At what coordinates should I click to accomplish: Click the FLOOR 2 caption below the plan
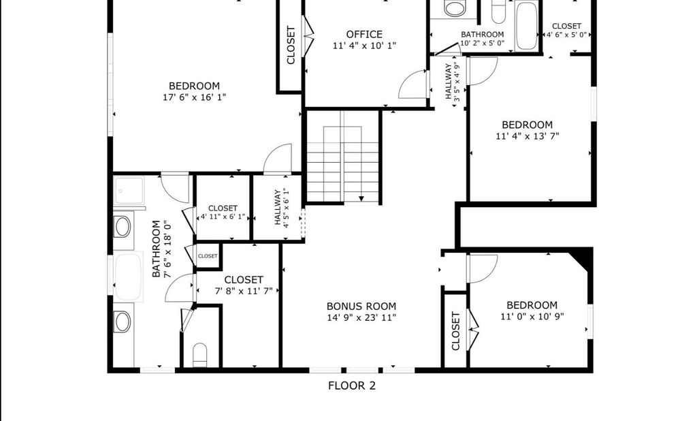point(352,386)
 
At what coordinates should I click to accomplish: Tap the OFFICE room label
point(364,34)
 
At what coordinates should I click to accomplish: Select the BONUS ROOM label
point(361,306)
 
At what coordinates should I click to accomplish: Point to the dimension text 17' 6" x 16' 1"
point(195,97)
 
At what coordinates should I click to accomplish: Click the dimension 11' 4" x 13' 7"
point(528,136)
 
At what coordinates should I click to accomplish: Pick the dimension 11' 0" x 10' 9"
point(532,317)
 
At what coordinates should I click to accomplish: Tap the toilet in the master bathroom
point(200,354)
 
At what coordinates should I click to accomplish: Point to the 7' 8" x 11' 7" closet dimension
point(244,291)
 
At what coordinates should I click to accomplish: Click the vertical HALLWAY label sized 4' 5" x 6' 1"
point(282,207)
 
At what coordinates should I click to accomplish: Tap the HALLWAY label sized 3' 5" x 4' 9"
point(452,82)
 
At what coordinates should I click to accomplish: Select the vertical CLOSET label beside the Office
point(291,46)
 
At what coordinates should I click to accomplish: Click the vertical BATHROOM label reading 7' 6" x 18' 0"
point(161,249)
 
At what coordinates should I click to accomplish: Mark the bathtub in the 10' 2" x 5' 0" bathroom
point(527,26)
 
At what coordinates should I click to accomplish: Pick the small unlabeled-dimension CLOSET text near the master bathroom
point(208,256)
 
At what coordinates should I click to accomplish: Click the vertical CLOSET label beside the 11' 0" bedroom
point(455,331)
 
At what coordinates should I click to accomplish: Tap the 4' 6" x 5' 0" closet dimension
point(567,35)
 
